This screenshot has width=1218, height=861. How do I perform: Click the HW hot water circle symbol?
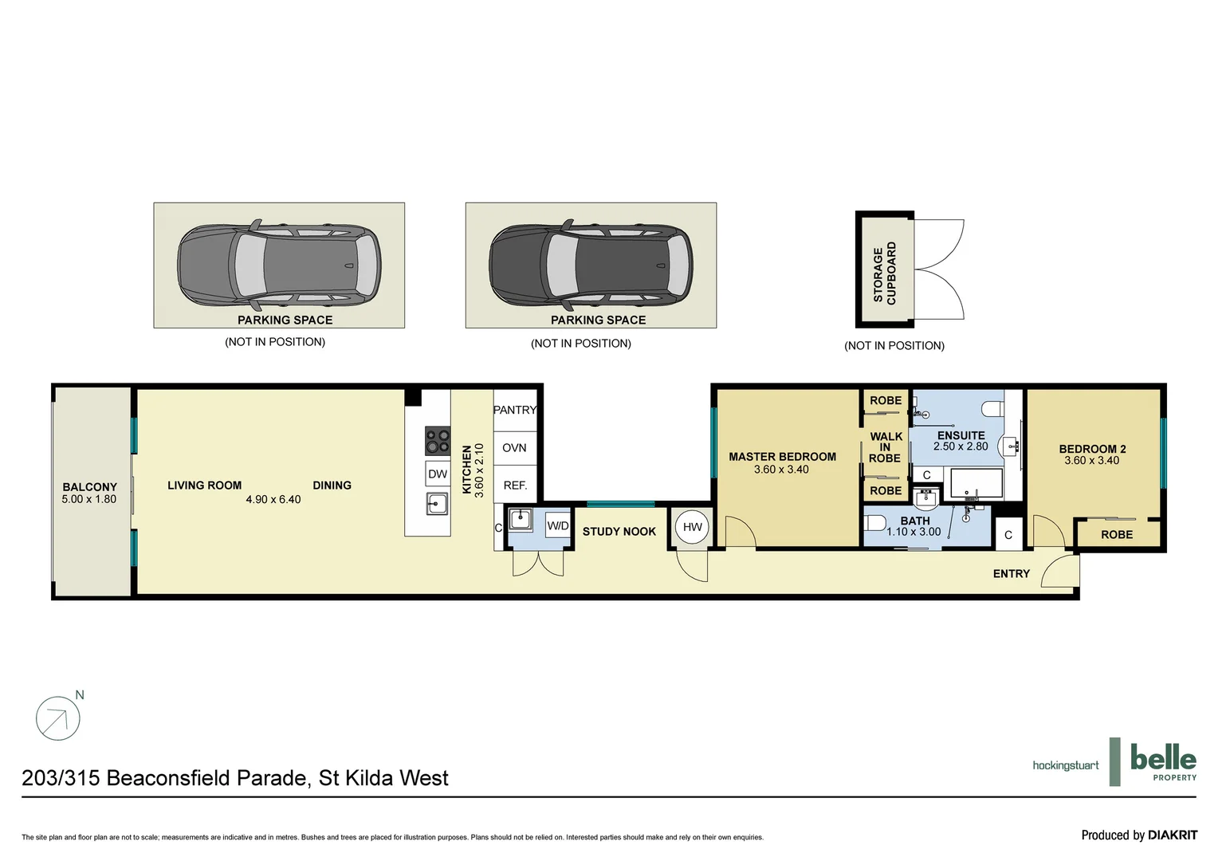coord(692,527)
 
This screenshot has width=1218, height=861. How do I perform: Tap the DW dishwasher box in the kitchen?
coord(438,474)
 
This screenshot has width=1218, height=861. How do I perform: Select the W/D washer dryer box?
coord(557,526)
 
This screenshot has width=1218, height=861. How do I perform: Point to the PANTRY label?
coord(515,410)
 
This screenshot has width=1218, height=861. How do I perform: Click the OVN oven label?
coord(514,447)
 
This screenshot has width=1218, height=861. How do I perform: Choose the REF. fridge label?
coord(515,485)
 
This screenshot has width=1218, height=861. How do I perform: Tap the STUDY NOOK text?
coord(619,531)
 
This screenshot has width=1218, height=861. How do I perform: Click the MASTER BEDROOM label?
coord(782,457)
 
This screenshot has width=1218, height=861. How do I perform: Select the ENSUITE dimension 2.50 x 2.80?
coord(961,446)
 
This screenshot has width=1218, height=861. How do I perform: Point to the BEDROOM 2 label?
coord(1092,449)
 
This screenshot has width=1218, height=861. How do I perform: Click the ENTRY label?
coord(1011,573)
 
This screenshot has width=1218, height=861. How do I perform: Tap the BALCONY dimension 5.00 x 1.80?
coord(88,499)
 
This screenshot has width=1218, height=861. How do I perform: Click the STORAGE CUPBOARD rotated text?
coord(885,273)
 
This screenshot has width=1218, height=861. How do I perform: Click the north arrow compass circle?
coord(58,718)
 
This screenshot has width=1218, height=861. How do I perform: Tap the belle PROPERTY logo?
coord(1163,763)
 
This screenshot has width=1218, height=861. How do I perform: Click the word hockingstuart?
coord(1065,765)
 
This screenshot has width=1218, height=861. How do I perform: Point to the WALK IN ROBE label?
coord(886,447)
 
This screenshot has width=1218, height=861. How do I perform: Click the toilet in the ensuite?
coord(992,409)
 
